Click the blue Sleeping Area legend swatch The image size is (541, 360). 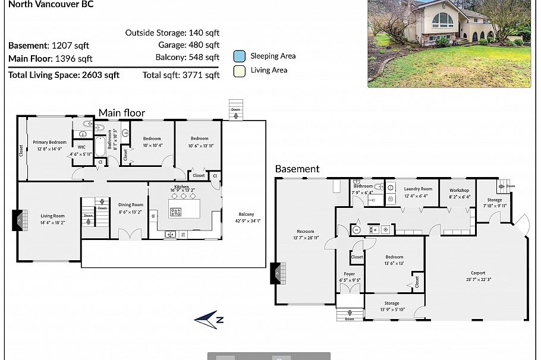pos(240,56)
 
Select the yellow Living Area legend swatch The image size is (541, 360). pos(240,71)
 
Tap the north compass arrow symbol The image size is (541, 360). pos(209,319)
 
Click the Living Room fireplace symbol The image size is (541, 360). pos(18,220)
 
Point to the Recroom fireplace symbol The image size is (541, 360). pos(276,273)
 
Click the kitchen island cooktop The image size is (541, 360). pos(176,211)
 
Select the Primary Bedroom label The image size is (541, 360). pos(49,142)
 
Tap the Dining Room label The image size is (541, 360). pos(131,204)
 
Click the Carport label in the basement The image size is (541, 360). pos(477,273)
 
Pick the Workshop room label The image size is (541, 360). pos(460,190)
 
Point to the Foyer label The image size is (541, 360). pos(350,274)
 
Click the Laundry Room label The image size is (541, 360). pos(418,189)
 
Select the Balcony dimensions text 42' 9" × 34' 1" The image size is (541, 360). pos(246,221)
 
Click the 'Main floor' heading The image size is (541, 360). pos(121,113)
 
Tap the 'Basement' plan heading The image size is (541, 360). pos(297,169)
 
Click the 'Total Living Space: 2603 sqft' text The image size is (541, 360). pos(64,75)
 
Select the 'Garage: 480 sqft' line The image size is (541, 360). pos(188,45)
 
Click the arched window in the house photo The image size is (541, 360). pos(442,20)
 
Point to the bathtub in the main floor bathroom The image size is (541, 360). pos(100,146)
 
